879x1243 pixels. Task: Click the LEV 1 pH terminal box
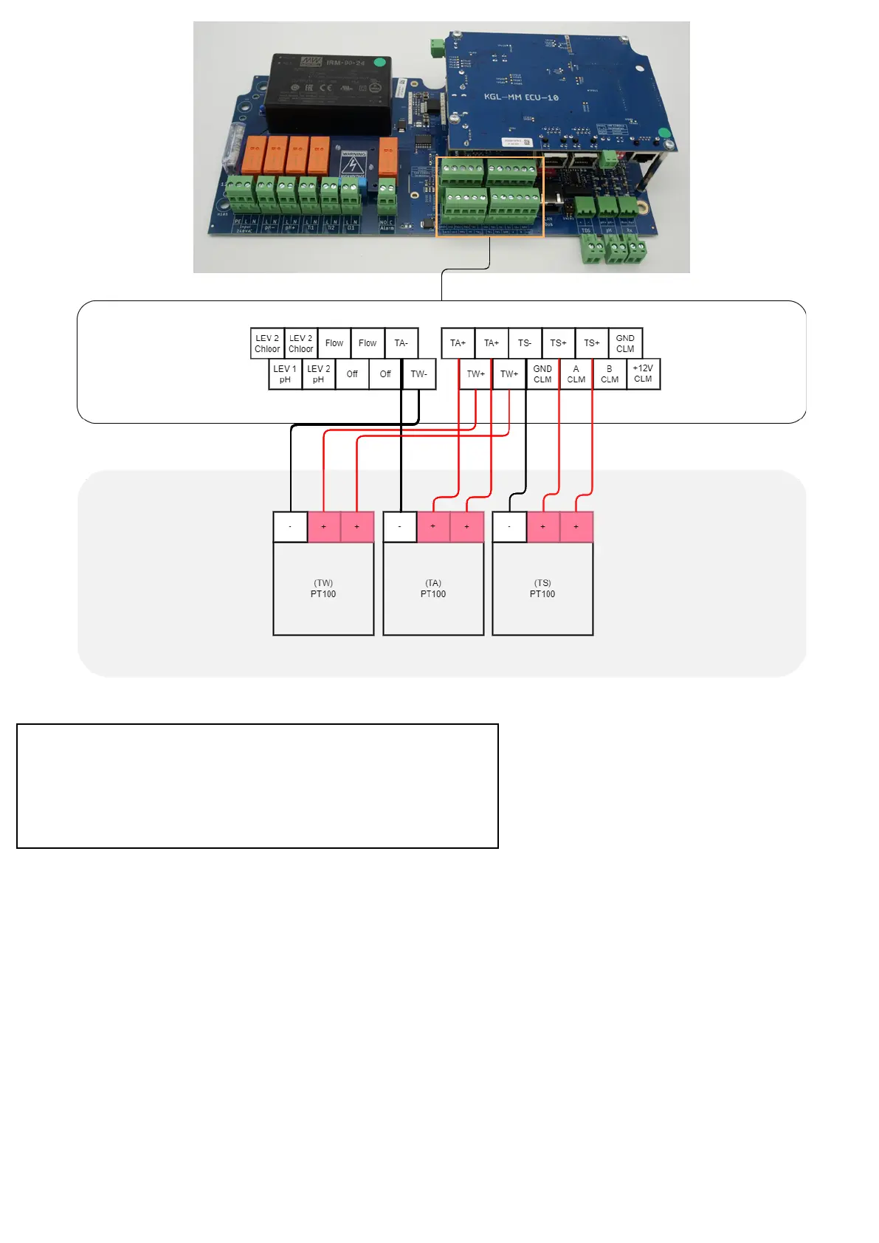[x=285, y=374]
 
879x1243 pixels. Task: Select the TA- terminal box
[x=401, y=343]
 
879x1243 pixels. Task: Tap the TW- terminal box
[x=418, y=374]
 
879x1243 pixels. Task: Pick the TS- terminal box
[x=525, y=343]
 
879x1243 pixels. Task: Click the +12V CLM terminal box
[x=643, y=374]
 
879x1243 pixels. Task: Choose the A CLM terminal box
[x=576, y=374]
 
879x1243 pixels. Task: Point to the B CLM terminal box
[x=610, y=374]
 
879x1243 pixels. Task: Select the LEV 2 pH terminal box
[x=318, y=374]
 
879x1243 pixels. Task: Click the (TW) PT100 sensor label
[x=323, y=588]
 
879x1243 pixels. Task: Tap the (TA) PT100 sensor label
[x=433, y=588]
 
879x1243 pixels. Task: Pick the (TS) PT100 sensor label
[x=542, y=588]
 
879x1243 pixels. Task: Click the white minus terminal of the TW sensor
[x=290, y=527]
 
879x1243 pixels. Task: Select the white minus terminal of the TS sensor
[x=509, y=527]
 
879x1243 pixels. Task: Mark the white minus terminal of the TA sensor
[x=399, y=527]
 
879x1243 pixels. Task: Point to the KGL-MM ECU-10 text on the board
[x=521, y=97]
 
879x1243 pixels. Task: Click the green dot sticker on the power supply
[x=379, y=63]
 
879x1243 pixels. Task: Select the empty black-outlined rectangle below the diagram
[x=257, y=785]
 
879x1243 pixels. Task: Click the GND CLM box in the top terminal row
[x=625, y=343]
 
